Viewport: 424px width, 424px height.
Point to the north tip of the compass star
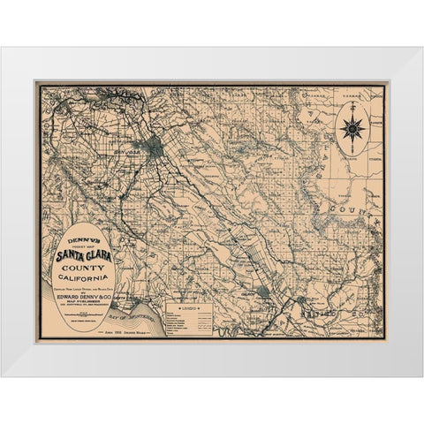[x=352, y=105]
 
